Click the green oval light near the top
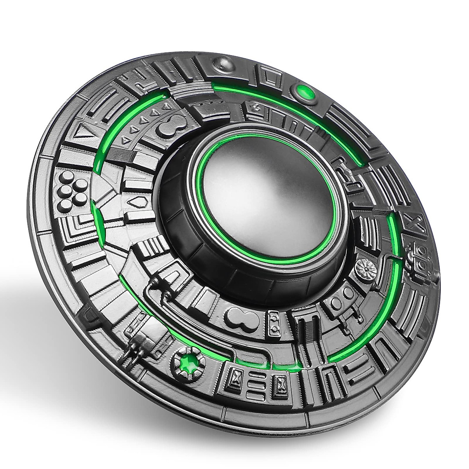pos(305,92)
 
